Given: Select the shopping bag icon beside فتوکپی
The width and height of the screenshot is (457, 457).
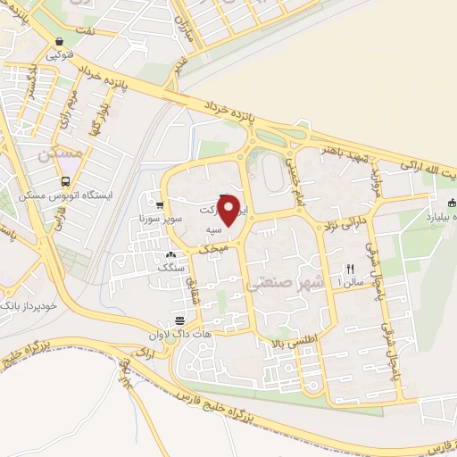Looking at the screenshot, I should [x=59, y=41].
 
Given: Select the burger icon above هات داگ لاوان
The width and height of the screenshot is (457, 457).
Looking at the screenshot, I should [x=180, y=320].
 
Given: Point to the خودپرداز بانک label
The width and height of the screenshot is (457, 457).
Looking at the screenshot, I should [x=30, y=305].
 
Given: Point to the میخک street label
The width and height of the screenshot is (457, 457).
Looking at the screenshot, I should [x=219, y=244].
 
